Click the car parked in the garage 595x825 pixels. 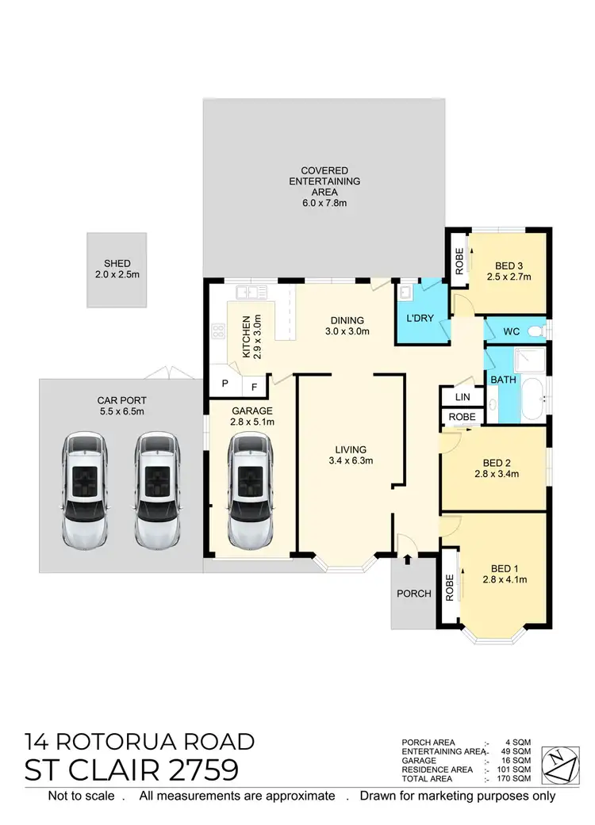click(250, 490)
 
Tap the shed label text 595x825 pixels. click(117, 264)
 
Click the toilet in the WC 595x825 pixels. click(539, 330)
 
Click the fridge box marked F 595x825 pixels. click(254, 387)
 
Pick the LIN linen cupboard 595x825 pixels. click(461, 397)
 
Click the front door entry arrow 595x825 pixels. click(407, 560)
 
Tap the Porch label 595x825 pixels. click(414, 594)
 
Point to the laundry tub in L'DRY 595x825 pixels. click(406, 292)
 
